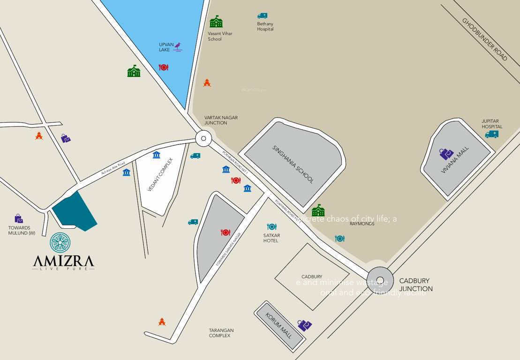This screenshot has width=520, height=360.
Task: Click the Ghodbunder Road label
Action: click(x=484, y=39)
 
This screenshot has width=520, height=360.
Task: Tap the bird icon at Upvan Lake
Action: click(x=178, y=46)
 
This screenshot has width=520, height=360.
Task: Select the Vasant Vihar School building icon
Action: click(x=216, y=22)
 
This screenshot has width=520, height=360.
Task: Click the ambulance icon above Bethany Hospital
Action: click(x=262, y=16)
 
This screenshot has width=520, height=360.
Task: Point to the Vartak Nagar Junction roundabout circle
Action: click(x=203, y=138)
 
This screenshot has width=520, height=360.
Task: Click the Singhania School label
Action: click(x=293, y=164)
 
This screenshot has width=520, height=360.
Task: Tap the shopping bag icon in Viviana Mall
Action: click(x=446, y=154)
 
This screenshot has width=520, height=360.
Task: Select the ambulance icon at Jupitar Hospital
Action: click(x=492, y=135)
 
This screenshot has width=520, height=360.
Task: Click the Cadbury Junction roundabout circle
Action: click(x=380, y=279)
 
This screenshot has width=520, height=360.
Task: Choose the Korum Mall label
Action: click(x=279, y=326)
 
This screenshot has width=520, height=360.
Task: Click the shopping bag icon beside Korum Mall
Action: click(x=304, y=325)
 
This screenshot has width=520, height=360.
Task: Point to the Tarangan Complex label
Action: click(x=221, y=333)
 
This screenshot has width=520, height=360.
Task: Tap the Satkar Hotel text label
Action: click(x=271, y=238)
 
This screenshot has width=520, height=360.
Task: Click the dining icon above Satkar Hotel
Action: click(x=271, y=227)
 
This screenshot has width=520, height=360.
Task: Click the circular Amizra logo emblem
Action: click(x=60, y=242)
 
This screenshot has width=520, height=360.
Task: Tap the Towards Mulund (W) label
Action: click(x=22, y=230)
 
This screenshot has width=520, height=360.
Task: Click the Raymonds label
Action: click(x=362, y=224)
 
